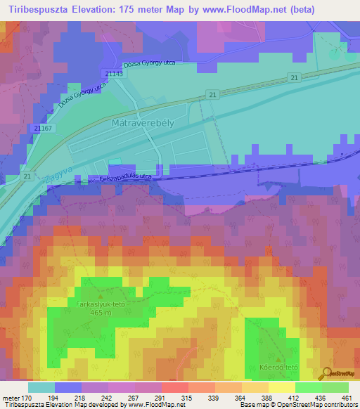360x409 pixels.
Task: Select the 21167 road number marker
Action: pyautogui.click(x=43, y=128)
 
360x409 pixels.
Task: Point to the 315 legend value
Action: pyautogui.click(x=187, y=398)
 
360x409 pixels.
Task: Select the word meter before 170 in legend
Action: pyautogui.click(x=11, y=398)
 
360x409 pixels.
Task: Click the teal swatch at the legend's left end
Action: pyautogui.click(x=41, y=387)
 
